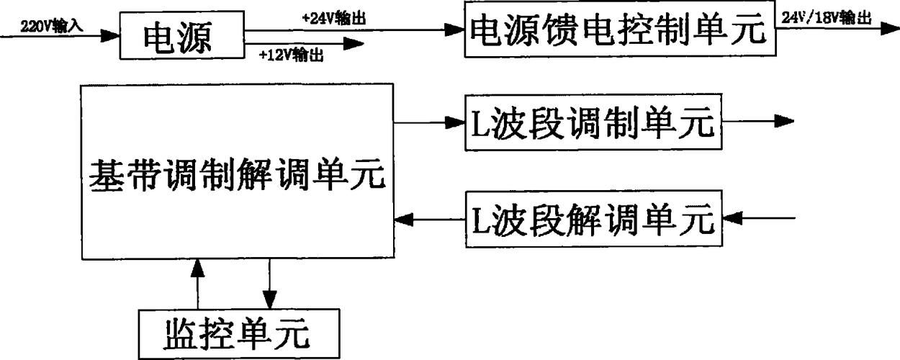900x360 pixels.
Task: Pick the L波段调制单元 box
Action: pyautogui.click(x=592, y=123)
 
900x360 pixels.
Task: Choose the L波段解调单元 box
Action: pyautogui.click(x=592, y=217)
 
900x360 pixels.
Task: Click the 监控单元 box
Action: pyautogui.click(x=238, y=333)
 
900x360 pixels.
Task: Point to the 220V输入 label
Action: pyautogui.click(x=54, y=24)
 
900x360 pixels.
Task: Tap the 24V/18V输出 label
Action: pyautogui.click(x=827, y=19)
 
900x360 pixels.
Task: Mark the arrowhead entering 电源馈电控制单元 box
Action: pyautogui.click(x=455, y=30)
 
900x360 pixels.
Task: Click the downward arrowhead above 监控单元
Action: pyautogui.click(x=269, y=298)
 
